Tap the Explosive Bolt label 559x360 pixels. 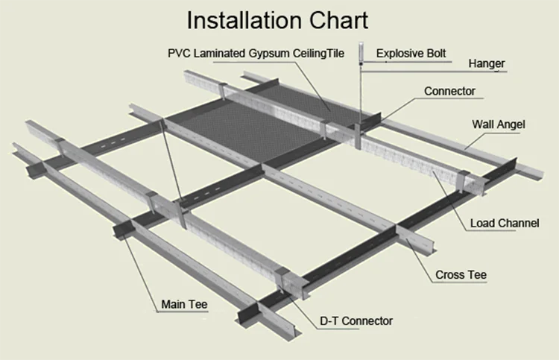412,53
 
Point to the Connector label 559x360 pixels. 449,92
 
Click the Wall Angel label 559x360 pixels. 499,124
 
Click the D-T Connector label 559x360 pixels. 356,320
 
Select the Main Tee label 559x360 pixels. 185,304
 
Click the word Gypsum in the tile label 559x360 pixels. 267,54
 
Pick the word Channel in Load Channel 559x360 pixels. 522,223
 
